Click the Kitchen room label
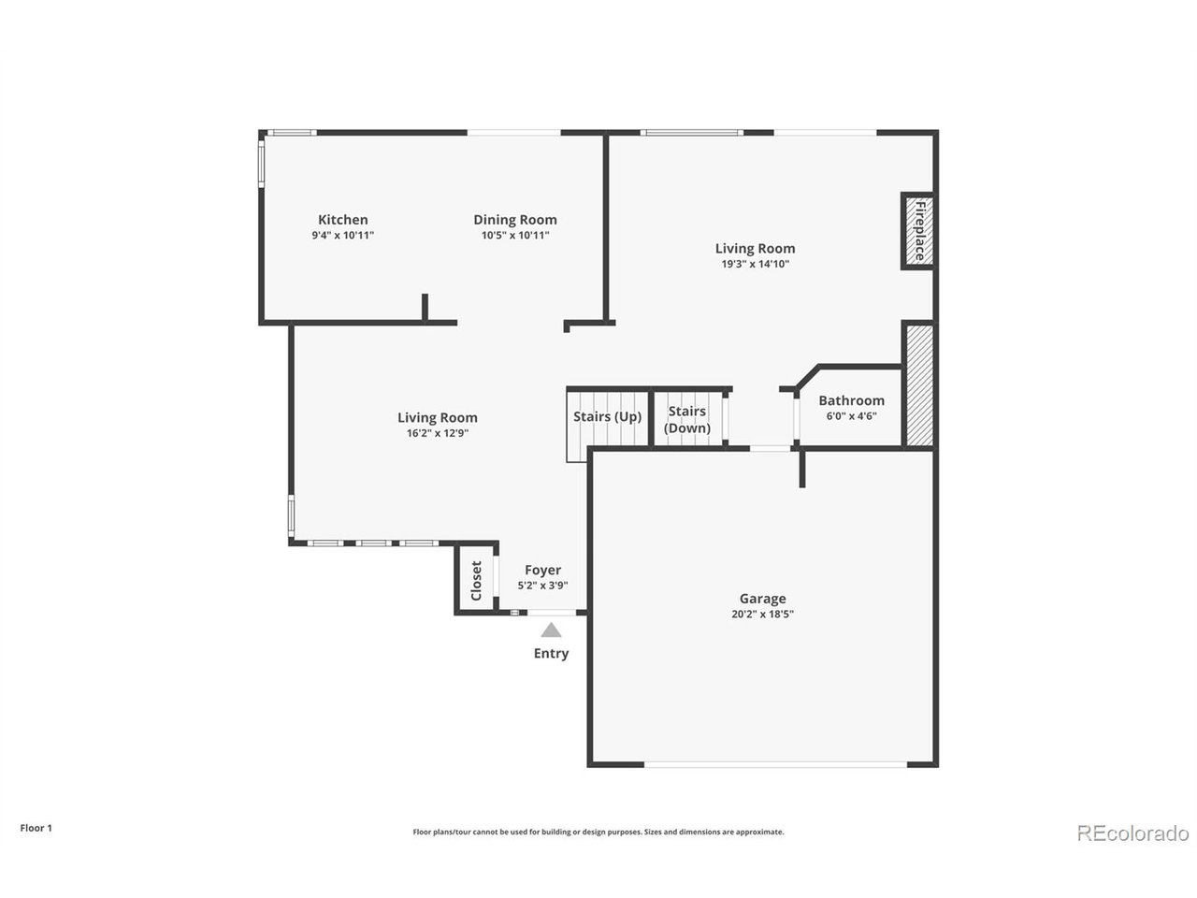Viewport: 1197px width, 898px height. [342, 220]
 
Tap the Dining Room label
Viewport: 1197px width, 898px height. [514, 220]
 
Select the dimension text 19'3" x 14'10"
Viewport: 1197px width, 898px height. [755, 264]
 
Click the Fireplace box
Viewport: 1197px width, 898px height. [918, 231]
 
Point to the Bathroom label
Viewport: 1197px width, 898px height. [851, 400]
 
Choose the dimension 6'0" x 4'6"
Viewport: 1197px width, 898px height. [851, 417]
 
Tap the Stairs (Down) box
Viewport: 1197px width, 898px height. [687, 420]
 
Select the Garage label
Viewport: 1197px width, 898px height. [762, 599]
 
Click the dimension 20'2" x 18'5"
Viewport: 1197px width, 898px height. [762, 615]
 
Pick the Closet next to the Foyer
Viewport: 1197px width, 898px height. [476, 580]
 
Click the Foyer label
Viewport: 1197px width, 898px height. [542, 570]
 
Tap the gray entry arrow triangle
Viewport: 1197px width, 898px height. [551, 630]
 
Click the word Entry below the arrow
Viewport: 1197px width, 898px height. [551, 654]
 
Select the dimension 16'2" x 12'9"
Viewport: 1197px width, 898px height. [437, 433]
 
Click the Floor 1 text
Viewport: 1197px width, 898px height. [36, 828]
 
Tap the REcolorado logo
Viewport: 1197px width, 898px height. [1132, 833]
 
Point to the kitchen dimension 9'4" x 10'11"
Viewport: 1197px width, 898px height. [342, 236]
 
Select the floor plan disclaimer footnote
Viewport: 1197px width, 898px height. [598, 832]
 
